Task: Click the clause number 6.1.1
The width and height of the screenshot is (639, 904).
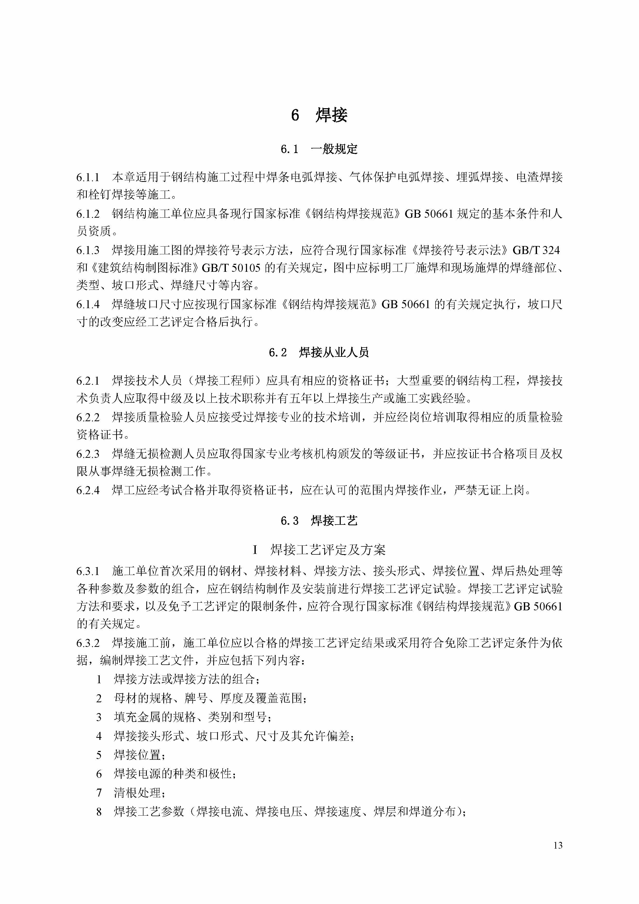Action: (88, 178)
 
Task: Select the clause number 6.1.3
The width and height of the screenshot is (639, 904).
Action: (88, 250)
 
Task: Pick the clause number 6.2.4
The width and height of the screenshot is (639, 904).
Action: (88, 491)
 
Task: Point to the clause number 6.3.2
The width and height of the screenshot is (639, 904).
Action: (88, 643)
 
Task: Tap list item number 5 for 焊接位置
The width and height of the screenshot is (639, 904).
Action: (99, 755)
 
